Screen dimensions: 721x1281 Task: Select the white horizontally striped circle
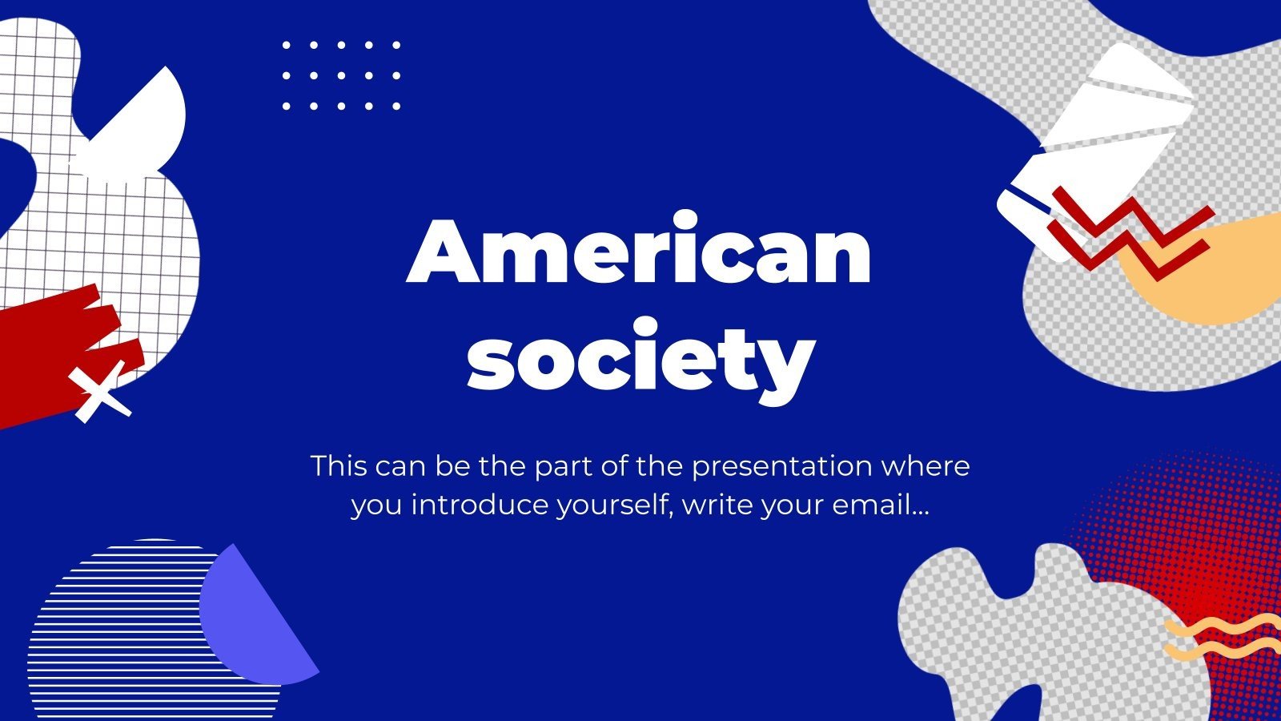120,633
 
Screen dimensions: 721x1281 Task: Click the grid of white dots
341,75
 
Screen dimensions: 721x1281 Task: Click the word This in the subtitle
338,465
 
